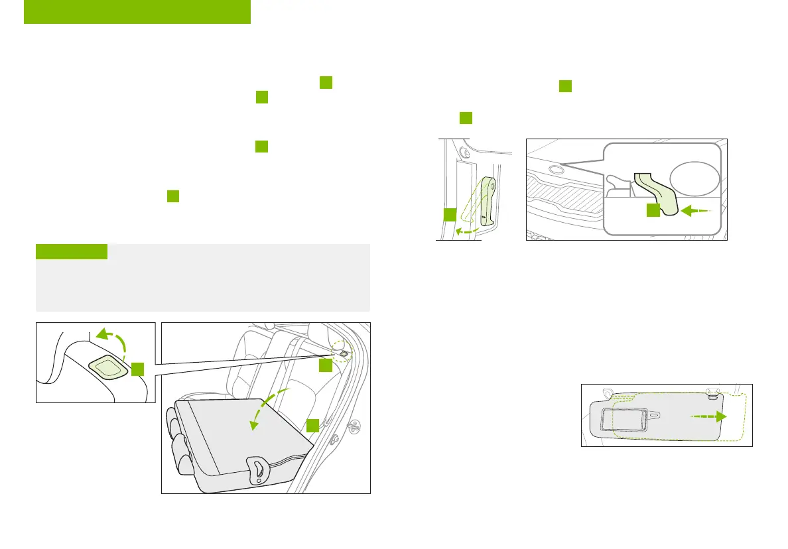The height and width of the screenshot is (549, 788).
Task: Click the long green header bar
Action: point(137,12)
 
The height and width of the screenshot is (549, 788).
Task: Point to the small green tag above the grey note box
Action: point(72,251)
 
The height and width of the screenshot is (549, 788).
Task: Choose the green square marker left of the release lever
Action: point(450,214)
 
